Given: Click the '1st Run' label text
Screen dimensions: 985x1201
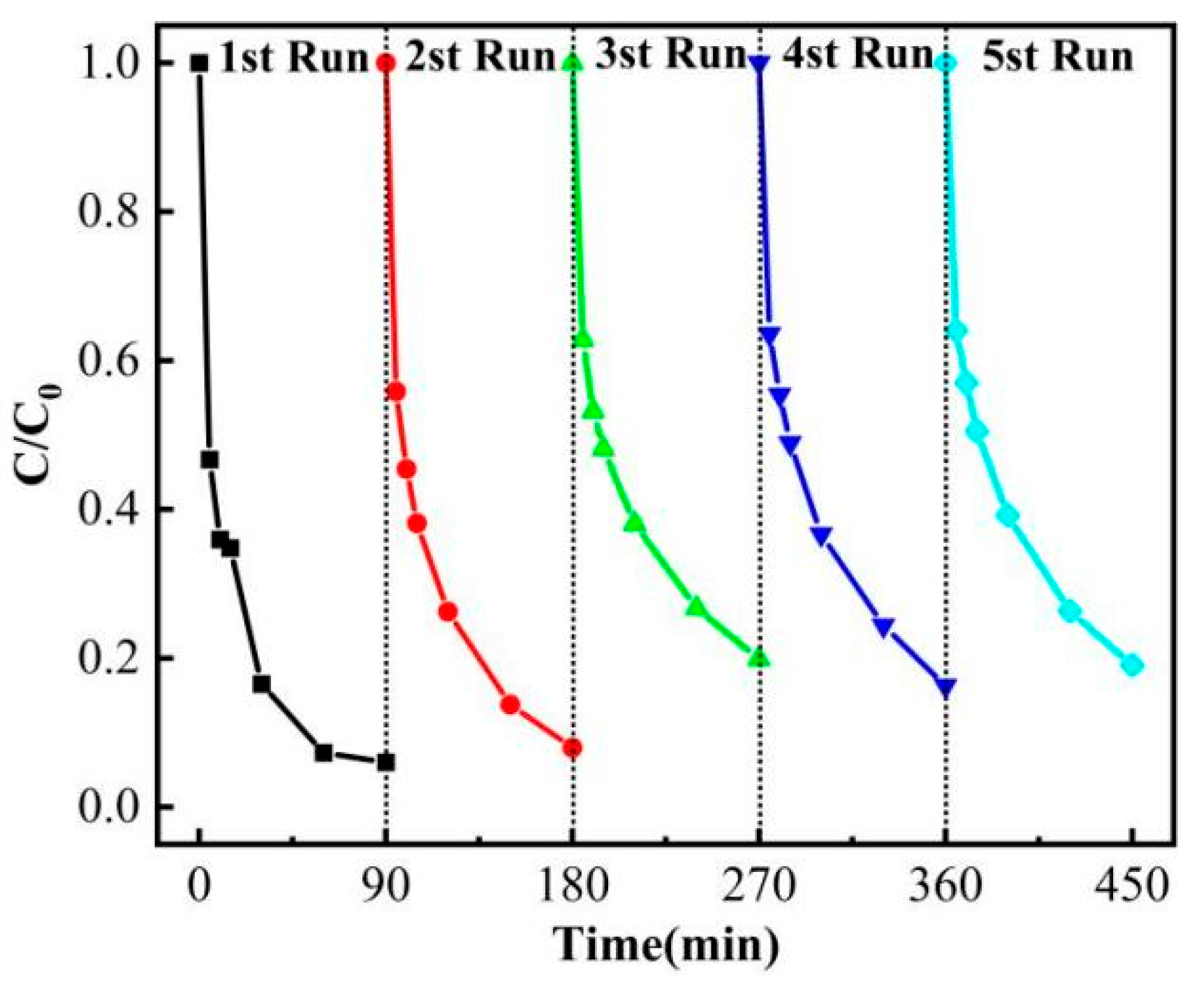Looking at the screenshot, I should [293, 58].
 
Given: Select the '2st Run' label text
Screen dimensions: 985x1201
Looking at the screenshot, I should [480, 57].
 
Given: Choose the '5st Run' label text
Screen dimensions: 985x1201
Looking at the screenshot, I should [1057, 57].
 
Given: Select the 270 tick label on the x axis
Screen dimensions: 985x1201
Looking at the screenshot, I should [759, 887].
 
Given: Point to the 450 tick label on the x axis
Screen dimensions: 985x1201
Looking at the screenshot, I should [1132, 887].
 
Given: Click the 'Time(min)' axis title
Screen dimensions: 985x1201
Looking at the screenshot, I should [666, 946].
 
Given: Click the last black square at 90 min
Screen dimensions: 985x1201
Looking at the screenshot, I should [385, 762].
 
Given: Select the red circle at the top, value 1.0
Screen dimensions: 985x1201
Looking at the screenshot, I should [385, 64].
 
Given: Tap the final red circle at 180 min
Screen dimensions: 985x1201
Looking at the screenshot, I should [573, 748].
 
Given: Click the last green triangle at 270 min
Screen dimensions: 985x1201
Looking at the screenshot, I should [759, 658].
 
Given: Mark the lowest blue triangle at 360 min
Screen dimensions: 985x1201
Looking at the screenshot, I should [946, 688].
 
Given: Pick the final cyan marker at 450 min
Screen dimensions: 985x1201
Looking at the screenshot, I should [1132, 665].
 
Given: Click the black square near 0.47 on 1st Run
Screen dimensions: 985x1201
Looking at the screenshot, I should [209, 459].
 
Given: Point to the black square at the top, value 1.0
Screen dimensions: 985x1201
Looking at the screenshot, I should [199, 64].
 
